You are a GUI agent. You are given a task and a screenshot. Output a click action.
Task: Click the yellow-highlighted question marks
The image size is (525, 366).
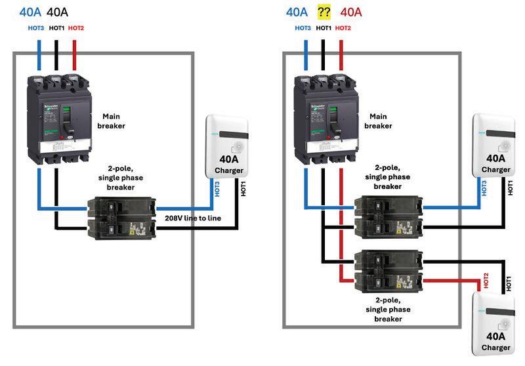[324, 12]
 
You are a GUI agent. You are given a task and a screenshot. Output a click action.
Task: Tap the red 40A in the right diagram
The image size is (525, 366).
[351, 12]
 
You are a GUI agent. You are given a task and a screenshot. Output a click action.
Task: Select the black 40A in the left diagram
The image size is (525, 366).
[58, 12]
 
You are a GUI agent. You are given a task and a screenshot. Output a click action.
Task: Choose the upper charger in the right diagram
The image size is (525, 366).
[495, 146]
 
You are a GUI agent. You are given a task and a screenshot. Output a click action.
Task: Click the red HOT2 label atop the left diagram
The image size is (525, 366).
[76, 28]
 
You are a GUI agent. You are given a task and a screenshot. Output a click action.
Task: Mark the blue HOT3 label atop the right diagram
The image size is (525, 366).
[303, 28]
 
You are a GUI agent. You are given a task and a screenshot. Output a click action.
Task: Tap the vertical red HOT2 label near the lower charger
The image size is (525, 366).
[486, 281]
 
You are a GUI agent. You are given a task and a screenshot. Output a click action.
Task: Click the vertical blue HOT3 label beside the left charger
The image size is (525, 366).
[218, 189]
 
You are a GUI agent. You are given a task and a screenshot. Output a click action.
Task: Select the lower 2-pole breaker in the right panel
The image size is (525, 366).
[388, 272]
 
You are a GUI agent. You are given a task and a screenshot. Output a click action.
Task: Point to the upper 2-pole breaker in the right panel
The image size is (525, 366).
[388, 217]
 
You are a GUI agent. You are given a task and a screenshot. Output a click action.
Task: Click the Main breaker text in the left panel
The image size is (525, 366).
[111, 121]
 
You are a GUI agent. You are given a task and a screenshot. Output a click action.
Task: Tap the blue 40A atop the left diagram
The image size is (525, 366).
[30, 12]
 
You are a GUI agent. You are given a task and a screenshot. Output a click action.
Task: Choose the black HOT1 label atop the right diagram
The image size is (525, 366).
[324, 28]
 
